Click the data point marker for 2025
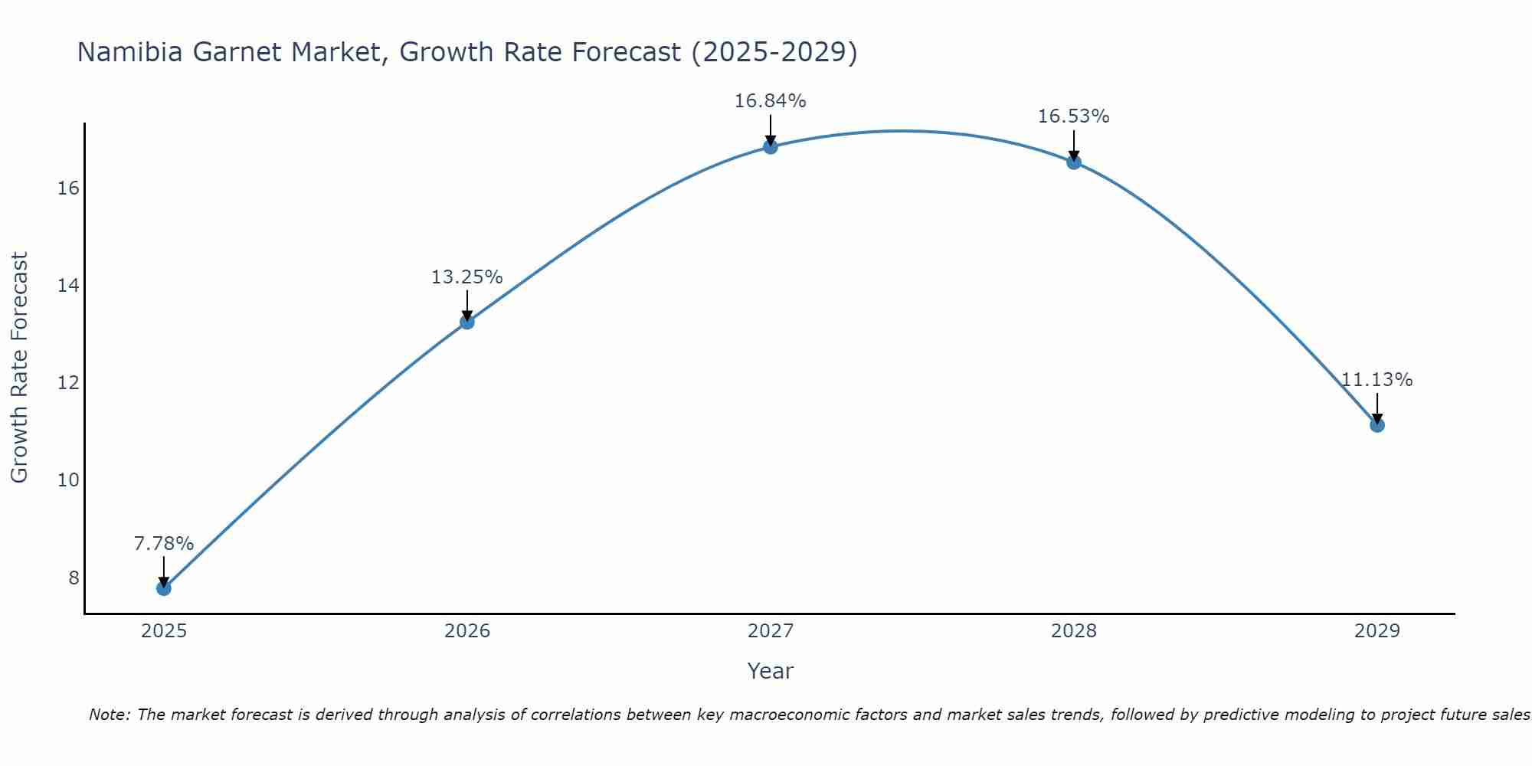[163, 588]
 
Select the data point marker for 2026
[466, 322]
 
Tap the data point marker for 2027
[770, 146]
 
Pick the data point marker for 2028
[1073, 162]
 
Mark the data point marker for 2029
[1377, 425]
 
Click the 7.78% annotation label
[163, 544]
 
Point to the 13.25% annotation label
[466, 277]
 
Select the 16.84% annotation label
[770, 101]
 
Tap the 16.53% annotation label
[1073, 116]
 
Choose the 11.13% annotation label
[1377, 380]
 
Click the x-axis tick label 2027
[770, 631]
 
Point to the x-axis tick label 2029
[1377, 631]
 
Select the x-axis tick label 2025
[163, 631]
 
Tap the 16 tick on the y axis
[68, 188]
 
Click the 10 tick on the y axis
[68, 480]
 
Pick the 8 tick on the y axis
[74, 578]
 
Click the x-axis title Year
[770, 671]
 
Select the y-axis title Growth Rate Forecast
[19, 368]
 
